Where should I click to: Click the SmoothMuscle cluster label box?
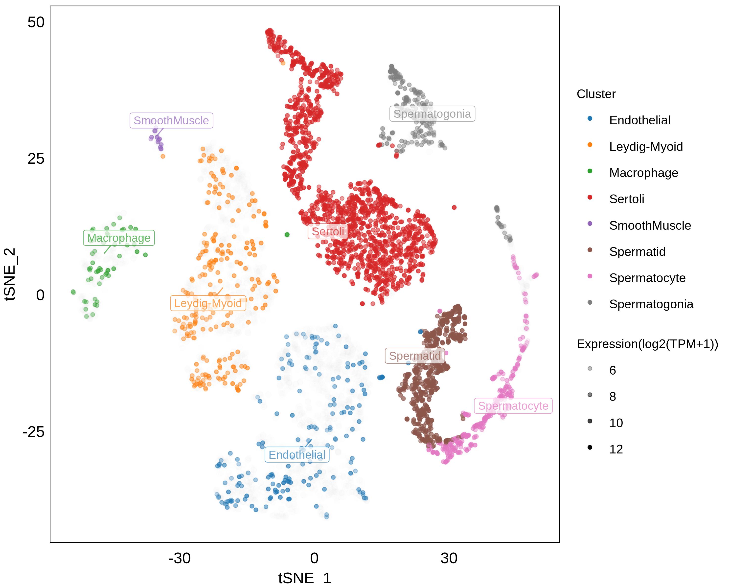tap(171, 120)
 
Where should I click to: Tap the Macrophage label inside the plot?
tap(119, 238)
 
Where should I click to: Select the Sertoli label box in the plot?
tap(328, 232)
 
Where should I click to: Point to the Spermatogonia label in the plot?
tap(432, 114)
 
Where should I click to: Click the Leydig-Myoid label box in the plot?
tap(208, 303)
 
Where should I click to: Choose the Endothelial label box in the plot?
tap(297, 455)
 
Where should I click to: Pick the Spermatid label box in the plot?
tap(415, 356)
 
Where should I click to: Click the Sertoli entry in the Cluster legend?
tap(626, 199)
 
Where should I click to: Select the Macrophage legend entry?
tap(643, 173)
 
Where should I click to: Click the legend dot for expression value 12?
tap(590, 448)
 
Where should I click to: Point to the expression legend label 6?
tap(613, 370)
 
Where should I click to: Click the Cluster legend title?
tap(596, 94)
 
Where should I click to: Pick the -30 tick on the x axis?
tap(180, 558)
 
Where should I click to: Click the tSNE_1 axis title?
tap(304, 577)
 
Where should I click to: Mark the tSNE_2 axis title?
tap(10, 274)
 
